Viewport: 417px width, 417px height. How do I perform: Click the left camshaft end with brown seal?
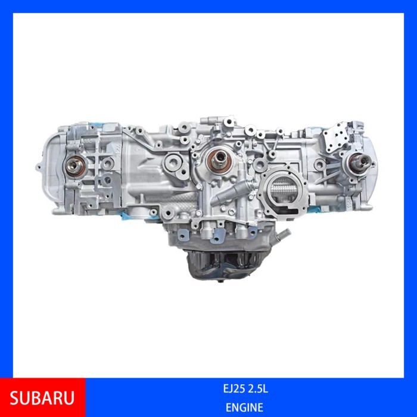pos(76,167)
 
